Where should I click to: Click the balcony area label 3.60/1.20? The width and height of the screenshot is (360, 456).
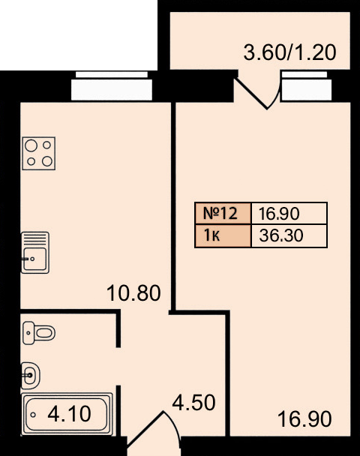coord(290,53)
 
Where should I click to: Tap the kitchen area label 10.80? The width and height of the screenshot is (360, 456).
coord(133,292)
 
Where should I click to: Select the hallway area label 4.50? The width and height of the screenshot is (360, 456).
coord(193,403)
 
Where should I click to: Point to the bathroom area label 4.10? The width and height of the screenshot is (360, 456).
coord(70,414)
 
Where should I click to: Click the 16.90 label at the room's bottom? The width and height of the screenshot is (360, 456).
coord(304,419)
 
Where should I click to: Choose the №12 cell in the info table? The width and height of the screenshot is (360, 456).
coord(223,213)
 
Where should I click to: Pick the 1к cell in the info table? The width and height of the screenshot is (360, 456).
coord(223,235)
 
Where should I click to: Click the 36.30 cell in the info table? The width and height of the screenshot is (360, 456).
coord(289,235)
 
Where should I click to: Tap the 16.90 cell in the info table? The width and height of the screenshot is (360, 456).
coord(289,213)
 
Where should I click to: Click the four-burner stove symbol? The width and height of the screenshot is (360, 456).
coord(39,153)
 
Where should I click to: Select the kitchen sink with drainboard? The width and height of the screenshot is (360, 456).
coord(35,253)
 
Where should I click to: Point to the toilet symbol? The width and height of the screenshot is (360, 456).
coord(39,333)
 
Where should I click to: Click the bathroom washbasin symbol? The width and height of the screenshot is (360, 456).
coord(31,376)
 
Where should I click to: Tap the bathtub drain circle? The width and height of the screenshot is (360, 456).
coord(33,415)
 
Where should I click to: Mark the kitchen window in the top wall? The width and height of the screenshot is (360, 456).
coord(112,86)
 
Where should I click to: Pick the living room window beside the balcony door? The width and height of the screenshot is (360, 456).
coord(307,86)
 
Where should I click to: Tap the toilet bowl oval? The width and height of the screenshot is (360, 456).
coord(45,333)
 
